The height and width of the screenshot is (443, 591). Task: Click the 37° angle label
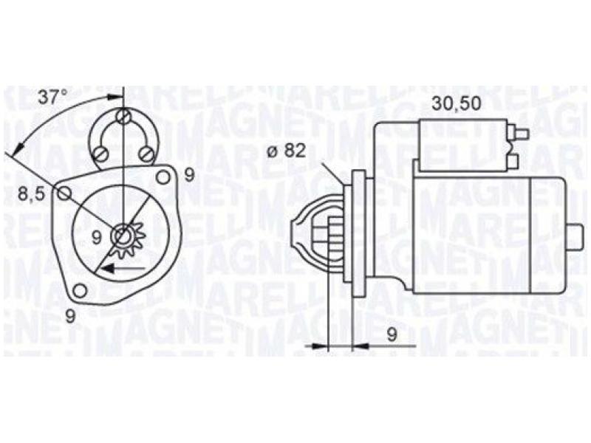click(52, 95)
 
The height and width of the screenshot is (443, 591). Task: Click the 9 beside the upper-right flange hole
click(189, 175)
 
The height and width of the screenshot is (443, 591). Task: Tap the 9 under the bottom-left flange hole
click(71, 315)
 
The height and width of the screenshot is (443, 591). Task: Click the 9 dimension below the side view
click(392, 334)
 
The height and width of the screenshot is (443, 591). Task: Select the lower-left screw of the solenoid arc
click(101, 154)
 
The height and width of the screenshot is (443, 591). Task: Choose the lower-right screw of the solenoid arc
click(146, 154)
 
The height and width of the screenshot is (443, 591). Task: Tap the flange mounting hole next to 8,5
click(65, 193)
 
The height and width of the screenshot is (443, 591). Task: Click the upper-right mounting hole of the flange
click(164, 177)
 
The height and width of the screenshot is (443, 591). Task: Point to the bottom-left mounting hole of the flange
click(81, 289)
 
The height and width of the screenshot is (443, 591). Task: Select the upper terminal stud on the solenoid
click(520, 134)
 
